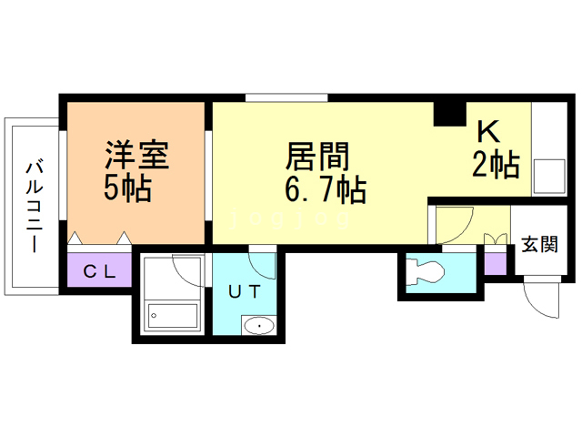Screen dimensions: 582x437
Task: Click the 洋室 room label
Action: click(136, 155)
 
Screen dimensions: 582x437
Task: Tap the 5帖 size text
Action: click(127, 188)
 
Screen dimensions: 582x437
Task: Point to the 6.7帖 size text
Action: click(326, 189)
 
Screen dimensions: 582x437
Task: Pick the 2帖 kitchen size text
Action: click(496, 165)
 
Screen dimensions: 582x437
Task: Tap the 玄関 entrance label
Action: click(539, 244)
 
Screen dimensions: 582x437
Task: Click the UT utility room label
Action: click(244, 291)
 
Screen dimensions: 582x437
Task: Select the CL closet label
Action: click(99, 272)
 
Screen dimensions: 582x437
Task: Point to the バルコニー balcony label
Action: click(35, 207)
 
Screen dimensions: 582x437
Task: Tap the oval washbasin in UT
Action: click(259, 326)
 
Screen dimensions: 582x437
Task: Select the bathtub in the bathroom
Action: click(173, 316)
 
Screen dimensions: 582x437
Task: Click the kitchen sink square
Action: click(549, 176)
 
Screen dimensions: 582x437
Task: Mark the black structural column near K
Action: click(450, 114)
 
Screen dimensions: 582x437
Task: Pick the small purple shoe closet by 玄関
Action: click(496, 263)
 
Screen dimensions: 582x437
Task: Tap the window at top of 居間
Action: click(286, 97)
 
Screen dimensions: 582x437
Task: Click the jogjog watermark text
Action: click(290, 218)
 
